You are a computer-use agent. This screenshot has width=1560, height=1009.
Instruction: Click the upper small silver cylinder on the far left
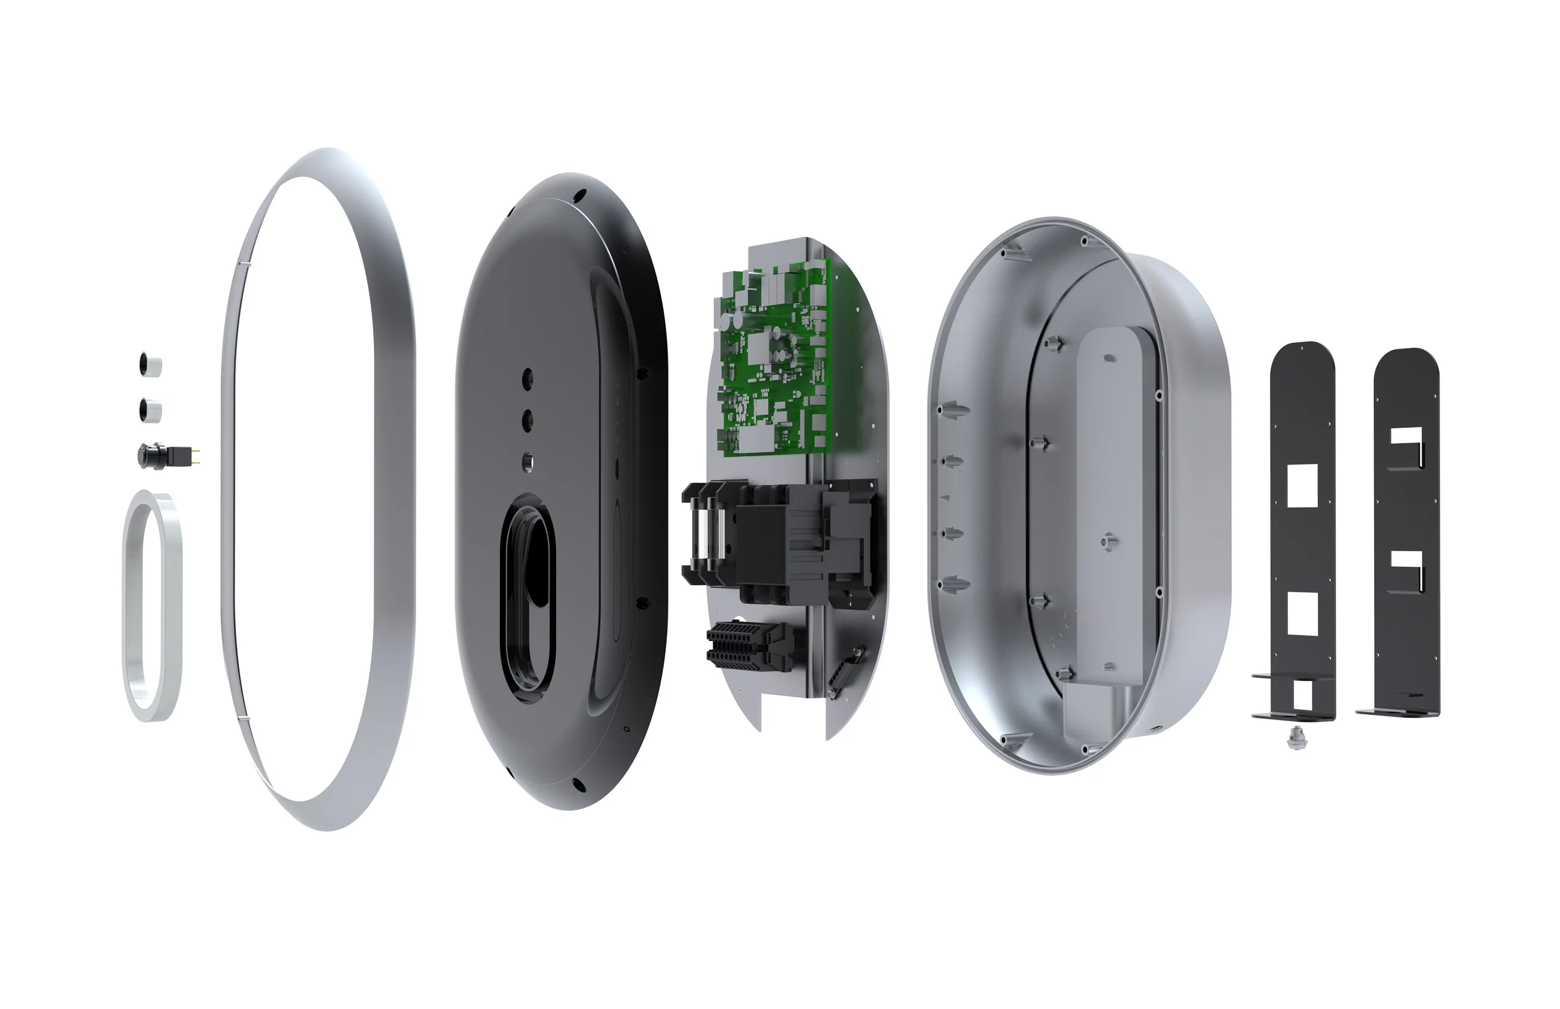point(150,365)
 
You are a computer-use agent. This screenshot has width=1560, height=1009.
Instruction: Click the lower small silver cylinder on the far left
point(150,410)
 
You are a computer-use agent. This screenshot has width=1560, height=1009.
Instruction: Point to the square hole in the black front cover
point(528,463)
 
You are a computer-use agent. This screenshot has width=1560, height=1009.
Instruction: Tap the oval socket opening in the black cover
point(529,596)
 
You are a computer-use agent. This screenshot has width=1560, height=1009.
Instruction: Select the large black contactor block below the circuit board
point(780,544)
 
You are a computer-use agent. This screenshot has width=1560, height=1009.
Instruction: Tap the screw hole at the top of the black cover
point(580,195)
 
